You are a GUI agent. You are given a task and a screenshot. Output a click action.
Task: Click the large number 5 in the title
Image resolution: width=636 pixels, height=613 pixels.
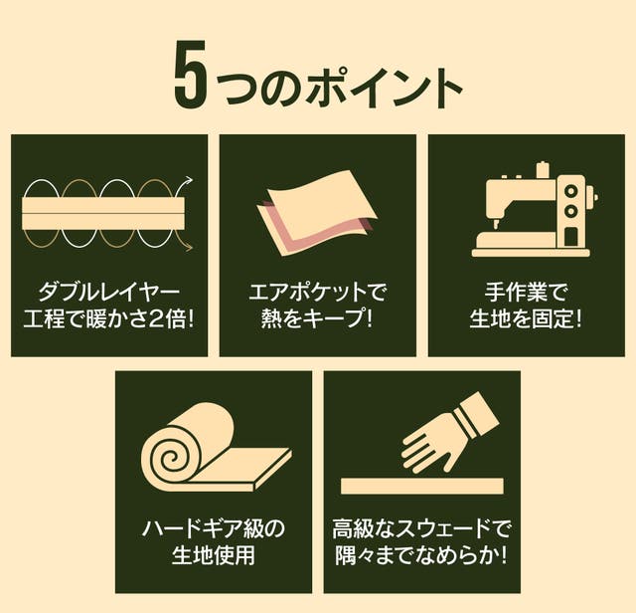(x=191, y=76)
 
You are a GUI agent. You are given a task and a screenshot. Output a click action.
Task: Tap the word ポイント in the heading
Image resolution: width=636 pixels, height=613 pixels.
(x=384, y=88)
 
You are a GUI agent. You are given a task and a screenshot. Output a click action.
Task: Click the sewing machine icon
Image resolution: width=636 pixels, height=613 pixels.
(x=532, y=209)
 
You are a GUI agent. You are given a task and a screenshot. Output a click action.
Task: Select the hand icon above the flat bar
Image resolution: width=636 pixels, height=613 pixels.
(x=450, y=433)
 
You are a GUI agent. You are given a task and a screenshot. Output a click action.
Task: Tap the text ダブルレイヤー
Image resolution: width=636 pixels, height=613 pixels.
(x=108, y=293)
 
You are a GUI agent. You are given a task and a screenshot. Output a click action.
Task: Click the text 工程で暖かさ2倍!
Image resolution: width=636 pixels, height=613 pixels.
(x=108, y=318)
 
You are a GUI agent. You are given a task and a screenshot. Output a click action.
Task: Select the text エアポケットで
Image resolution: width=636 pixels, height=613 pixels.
(x=318, y=293)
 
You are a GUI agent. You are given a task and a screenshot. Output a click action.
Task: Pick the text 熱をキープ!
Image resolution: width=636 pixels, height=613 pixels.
(x=317, y=318)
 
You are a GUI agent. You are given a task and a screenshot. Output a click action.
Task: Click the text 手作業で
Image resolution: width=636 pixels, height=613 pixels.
(x=526, y=293)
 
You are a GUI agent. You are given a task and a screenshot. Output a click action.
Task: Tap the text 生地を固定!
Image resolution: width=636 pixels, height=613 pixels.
(x=526, y=318)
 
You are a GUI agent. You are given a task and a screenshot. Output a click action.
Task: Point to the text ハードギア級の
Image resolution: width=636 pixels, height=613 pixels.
(x=214, y=528)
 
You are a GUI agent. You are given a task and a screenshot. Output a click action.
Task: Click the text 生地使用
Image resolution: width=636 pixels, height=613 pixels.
(x=214, y=555)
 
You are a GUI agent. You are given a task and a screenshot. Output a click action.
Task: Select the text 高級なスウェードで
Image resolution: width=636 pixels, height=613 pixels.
(x=420, y=528)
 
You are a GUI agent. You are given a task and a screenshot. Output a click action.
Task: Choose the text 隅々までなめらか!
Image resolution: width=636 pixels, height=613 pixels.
(x=421, y=555)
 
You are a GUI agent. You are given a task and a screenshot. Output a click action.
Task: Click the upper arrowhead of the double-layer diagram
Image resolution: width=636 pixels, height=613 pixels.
(x=189, y=179)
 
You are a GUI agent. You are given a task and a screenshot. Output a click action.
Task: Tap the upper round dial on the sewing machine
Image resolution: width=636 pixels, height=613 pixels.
(x=571, y=190)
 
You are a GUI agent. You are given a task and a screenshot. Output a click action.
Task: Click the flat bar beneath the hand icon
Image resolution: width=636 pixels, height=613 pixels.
(x=421, y=486)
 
